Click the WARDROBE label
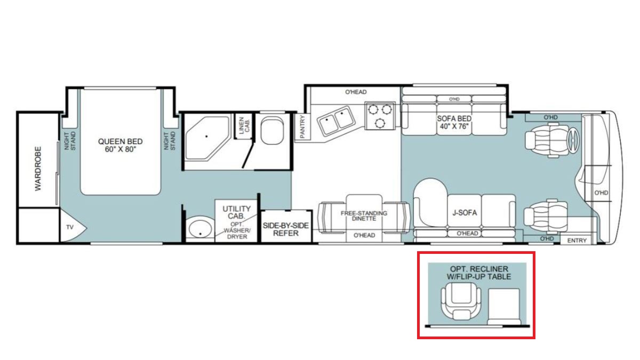pyautogui.click(x=38, y=169)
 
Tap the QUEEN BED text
pyautogui.click(x=121, y=141)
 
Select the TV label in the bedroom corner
pyautogui.click(x=70, y=227)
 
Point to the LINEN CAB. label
pyautogui.click(x=244, y=125)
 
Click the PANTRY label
pyautogui.click(x=302, y=127)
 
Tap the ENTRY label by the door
pyautogui.click(x=577, y=241)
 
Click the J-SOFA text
pyautogui.click(x=465, y=213)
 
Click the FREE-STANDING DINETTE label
pyautogui.click(x=364, y=215)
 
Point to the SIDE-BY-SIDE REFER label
pyautogui.click(x=286, y=229)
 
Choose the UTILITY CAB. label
pyautogui.click(x=237, y=212)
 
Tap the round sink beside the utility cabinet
pyautogui.click(x=201, y=229)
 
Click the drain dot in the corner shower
pyautogui.click(x=206, y=137)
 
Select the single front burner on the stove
pyautogui.click(x=380, y=123)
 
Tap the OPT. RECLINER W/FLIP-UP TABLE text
pyautogui.click(x=479, y=273)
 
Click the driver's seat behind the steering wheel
pyautogui.click(x=541, y=140)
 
